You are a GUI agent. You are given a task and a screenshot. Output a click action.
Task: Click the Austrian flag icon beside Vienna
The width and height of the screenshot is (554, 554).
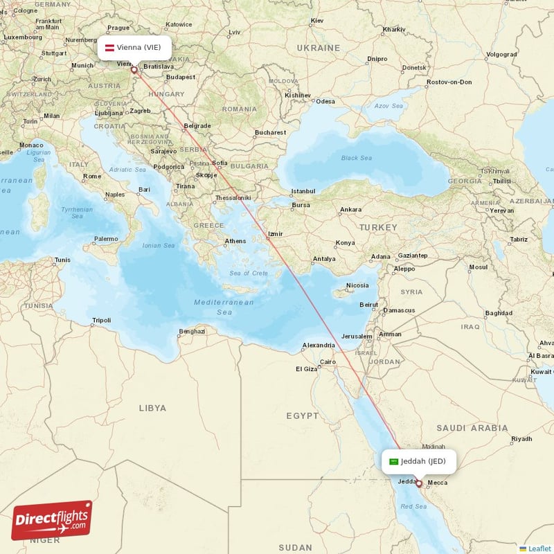(x=109, y=47)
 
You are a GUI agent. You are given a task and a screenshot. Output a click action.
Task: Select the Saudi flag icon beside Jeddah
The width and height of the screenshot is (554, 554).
(x=393, y=461)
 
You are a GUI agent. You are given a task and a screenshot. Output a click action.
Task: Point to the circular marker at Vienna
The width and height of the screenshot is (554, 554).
(x=134, y=69)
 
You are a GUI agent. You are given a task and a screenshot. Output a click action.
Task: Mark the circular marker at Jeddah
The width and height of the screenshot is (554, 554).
(x=418, y=484)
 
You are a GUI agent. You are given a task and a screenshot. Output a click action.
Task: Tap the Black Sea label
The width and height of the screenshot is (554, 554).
(x=356, y=158)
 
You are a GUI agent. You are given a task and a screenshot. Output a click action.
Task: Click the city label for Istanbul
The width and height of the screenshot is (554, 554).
(x=303, y=190)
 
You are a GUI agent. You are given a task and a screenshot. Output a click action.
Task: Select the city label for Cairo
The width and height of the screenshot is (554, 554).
(x=328, y=361)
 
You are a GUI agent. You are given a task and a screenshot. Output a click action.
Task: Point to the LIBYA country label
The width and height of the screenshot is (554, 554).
(x=152, y=408)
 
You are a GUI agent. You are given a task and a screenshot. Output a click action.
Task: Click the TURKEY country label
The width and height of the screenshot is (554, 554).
(x=378, y=227)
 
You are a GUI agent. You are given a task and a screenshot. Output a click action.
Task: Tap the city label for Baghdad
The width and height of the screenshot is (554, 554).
(x=499, y=313)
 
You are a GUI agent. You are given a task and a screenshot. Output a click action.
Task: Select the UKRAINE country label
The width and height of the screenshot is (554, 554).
(x=319, y=48)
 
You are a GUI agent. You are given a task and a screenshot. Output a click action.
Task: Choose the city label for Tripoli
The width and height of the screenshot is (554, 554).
(x=101, y=321)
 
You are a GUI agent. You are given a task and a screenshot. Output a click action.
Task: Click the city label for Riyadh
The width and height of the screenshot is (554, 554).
(x=521, y=439)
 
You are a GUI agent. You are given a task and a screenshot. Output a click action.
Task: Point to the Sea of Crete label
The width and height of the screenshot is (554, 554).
(x=249, y=274)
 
